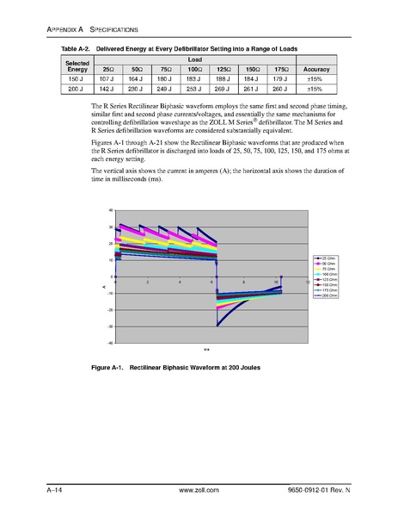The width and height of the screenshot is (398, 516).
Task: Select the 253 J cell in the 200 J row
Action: pyautogui.click(x=193, y=88)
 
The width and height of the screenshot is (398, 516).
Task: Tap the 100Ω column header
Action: pyautogui.click(x=193, y=69)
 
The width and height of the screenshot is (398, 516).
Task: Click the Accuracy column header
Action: pyautogui.click(x=315, y=69)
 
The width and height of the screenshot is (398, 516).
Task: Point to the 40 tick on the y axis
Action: pyautogui.click(x=111, y=210)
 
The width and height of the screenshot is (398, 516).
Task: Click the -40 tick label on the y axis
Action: pyautogui.click(x=110, y=343)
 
